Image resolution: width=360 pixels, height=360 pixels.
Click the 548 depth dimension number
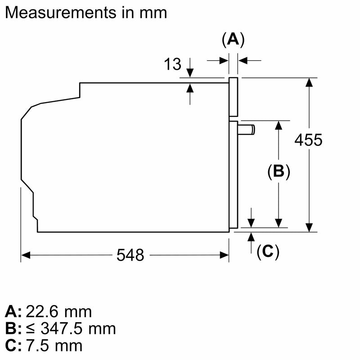(x=130, y=255)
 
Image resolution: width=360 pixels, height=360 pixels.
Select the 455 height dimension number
(x=308, y=140)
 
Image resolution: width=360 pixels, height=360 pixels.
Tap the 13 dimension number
(x=172, y=64)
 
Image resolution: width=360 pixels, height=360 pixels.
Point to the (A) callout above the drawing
(x=233, y=40)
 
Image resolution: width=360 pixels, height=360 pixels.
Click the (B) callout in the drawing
(x=279, y=171)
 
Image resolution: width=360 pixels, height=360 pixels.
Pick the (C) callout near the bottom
(x=268, y=252)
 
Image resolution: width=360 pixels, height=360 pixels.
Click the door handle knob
(x=246, y=130)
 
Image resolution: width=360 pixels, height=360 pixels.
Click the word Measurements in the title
(x=61, y=13)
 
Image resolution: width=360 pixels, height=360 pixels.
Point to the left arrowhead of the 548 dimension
(x=26, y=255)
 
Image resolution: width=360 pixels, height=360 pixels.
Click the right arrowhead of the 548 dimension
(x=224, y=255)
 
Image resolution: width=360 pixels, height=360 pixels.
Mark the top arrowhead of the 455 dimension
(x=309, y=82)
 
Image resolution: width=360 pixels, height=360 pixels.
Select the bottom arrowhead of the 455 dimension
(x=309, y=227)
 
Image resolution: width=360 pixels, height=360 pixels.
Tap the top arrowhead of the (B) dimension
(x=279, y=125)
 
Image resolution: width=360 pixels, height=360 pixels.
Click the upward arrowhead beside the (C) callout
(x=251, y=237)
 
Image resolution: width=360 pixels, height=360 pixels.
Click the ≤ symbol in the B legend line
(x=30, y=329)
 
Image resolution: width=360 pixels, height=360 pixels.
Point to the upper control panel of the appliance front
(x=233, y=97)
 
